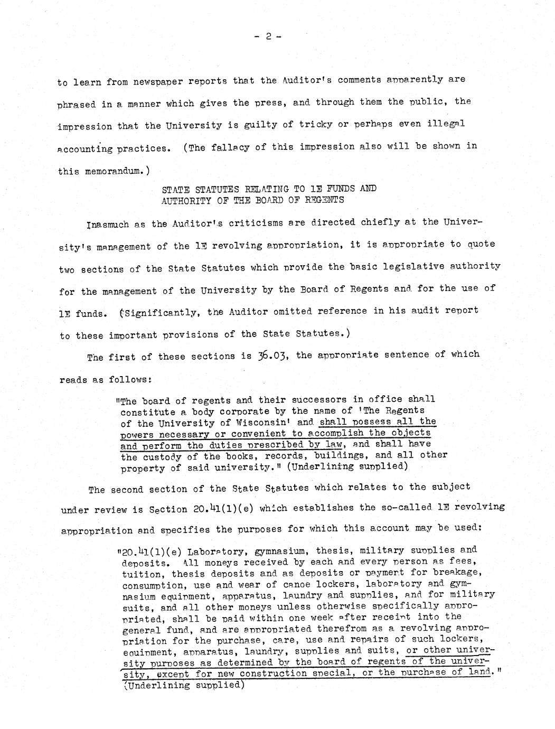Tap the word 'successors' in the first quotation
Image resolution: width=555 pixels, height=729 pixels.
tap(274, 400)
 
